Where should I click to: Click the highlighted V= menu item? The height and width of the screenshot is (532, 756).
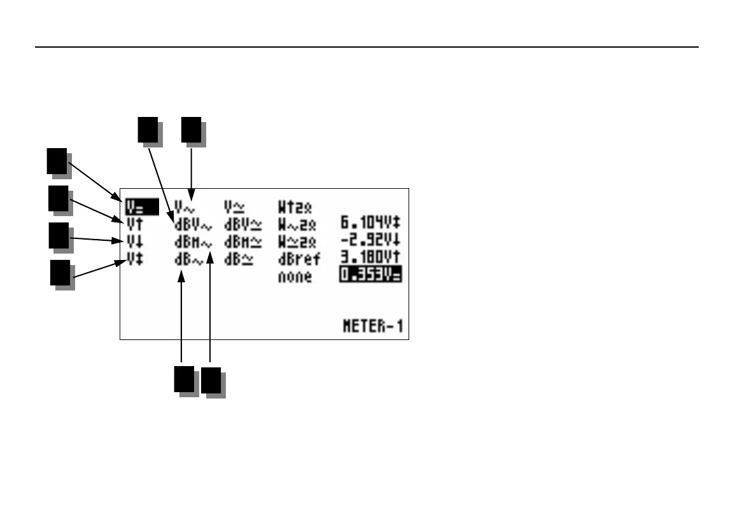(x=134, y=205)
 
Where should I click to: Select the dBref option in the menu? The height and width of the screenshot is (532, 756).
(x=299, y=259)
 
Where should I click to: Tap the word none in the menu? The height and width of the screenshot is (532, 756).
(x=295, y=277)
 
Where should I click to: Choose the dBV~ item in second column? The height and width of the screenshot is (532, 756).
(x=193, y=224)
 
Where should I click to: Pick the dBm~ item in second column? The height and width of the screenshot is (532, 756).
(x=193, y=242)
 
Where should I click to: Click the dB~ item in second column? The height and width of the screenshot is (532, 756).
(x=190, y=259)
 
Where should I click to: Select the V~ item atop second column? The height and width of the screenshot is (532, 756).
(x=186, y=206)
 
